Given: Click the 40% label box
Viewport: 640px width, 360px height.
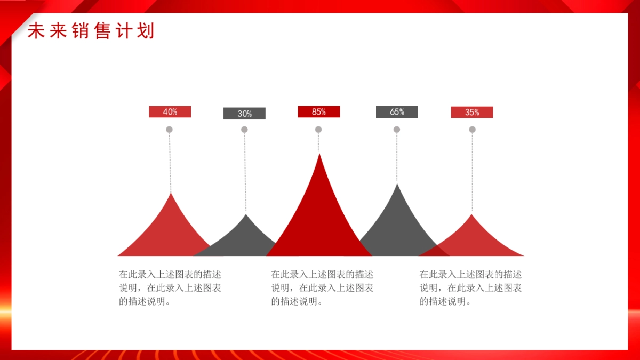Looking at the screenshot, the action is pyautogui.click(x=170, y=111).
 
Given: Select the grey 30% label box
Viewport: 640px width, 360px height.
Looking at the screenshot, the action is pyautogui.click(x=244, y=114).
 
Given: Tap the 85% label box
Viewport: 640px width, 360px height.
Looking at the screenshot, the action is pyautogui.click(x=319, y=111).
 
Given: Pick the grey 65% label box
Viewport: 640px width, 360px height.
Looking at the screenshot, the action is pyautogui.click(x=397, y=112).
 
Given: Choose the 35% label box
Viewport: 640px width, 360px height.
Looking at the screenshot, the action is pyautogui.click(x=471, y=113).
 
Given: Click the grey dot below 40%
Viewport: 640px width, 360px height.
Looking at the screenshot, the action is pyautogui.click(x=169, y=130).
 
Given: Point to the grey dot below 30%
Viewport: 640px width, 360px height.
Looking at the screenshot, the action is pyautogui.click(x=244, y=130).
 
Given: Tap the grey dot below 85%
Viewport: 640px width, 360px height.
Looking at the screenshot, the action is pyautogui.click(x=318, y=130).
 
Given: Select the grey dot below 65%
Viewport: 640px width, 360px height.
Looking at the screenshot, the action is pyautogui.click(x=397, y=130).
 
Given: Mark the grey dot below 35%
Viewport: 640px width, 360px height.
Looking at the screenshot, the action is pyautogui.click(x=473, y=130).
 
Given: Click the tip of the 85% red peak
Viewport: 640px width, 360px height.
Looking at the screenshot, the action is pyautogui.click(x=319, y=154).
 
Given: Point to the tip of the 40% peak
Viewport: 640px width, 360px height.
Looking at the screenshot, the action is pyautogui.click(x=171, y=193).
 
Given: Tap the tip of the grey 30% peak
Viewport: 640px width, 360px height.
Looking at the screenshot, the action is pyautogui.click(x=246, y=214).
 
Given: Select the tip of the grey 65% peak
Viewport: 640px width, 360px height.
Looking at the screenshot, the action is pyautogui.click(x=397, y=184).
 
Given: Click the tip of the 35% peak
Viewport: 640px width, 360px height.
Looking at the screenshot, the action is pyautogui.click(x=471, y=214).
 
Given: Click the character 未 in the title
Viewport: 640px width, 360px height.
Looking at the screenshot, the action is pyautogui.click(x=36, y=30).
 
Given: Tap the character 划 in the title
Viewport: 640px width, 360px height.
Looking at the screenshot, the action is pyautogui.click(x=146, y=30).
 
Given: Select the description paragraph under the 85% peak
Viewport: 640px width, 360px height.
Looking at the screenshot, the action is pyautogui.click(x=322, y=287).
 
